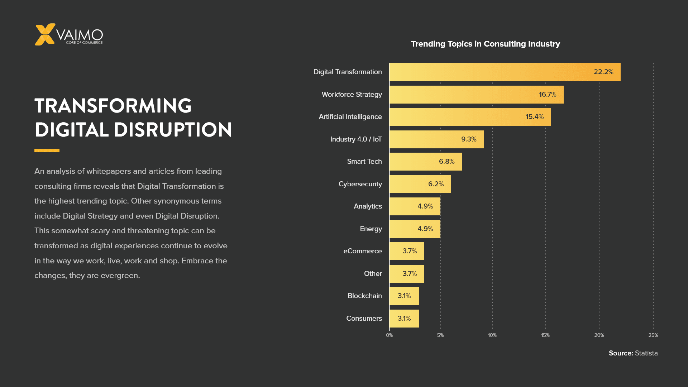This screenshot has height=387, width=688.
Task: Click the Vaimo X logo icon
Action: pyautogui.click(x=45, y=34)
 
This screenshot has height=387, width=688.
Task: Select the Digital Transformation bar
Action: pyautogui.click(x=502, y=72)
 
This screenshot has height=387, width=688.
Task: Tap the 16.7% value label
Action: pyautogui.click(x=547, y=95)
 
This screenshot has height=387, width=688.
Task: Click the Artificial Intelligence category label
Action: pyautogui.click(x=350, y=117)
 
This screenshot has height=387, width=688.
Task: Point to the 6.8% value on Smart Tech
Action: pyautogui.click(x=446, y=162)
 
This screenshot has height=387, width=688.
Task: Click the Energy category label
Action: pyautogui.click(x=371, y=229)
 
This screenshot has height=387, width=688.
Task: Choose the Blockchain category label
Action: pyautogui.click(x=364, y=296)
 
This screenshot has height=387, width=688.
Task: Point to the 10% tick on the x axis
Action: pyautogui.click(x=492, y=335)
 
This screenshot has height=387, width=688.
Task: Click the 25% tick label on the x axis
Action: pyautogui.click(x=653, y=335)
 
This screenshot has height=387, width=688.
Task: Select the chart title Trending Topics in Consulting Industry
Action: pyautogui.click(x=485, y=44)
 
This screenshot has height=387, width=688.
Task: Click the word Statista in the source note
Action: pyautogui.click(x=646, y=353)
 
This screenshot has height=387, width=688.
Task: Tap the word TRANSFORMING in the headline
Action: pyautogui.click(x=113, y=106)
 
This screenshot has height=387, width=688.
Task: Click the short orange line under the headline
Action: pyautogui.click(x=47, y=150)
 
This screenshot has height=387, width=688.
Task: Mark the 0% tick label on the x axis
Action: pyautogui.click(x=389, y=335)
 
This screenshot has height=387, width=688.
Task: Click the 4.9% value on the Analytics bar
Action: pyautogui.click(x=425, y=206)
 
